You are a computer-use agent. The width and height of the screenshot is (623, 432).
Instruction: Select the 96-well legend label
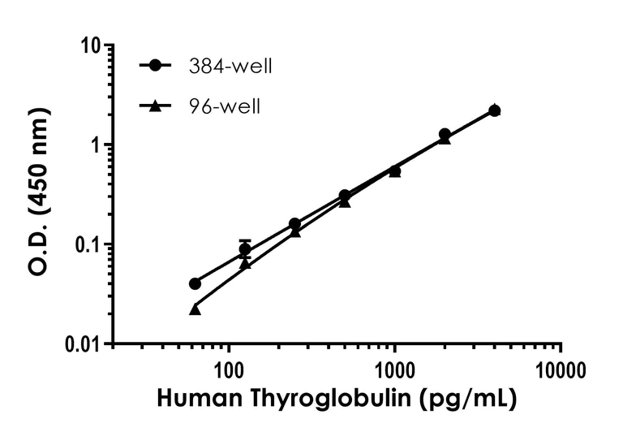220,106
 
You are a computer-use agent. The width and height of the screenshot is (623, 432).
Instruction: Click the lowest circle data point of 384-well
195,283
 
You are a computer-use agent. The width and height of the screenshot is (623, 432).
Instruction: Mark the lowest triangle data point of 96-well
195,309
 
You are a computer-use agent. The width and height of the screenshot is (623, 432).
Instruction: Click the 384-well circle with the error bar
245,249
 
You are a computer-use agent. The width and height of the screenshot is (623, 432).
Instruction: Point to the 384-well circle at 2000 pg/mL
445,134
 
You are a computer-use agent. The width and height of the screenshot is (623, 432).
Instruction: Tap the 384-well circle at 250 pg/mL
294,224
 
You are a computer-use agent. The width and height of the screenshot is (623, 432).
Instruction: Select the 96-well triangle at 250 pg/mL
295,231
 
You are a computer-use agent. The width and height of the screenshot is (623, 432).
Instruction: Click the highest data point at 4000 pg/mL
495,110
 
